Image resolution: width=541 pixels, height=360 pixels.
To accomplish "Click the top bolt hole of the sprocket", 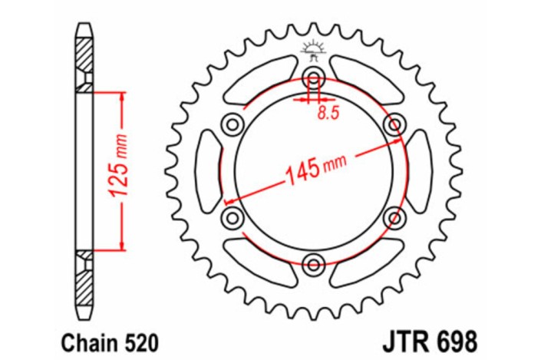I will (x=313, y=76).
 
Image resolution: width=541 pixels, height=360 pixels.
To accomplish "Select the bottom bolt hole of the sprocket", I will (x=313, y=265).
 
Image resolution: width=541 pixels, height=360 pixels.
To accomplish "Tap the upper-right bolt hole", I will (x=395, y=124).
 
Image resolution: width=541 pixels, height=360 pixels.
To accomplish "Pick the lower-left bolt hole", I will (x=231, y=218).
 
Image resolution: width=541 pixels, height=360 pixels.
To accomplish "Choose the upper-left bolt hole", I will (x=231, y=124).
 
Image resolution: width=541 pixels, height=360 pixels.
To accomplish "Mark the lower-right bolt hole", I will (x=395, y=218).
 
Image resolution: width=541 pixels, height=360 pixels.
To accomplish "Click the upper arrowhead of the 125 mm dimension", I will (x=121, y=95).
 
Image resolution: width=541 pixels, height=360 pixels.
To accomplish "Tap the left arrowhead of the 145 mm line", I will (x=228, y=200).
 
